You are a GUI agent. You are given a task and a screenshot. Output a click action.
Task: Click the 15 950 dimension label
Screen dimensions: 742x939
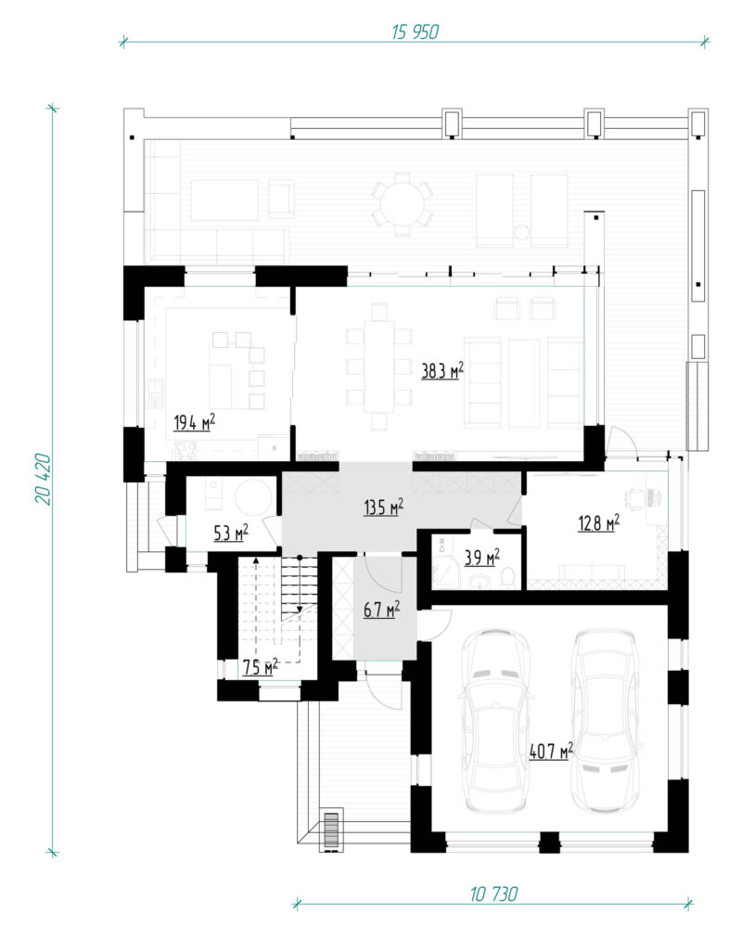coord(415,32)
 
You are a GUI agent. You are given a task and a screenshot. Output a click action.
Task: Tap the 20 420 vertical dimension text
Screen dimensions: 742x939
coord(43,479)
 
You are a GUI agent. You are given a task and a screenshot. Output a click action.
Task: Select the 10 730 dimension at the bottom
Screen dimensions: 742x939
coord(493,894)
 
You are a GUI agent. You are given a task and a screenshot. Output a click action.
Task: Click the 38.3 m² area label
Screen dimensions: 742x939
coord(442,371)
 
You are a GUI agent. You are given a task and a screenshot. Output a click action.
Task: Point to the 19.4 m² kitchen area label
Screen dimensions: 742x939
coord(195,422)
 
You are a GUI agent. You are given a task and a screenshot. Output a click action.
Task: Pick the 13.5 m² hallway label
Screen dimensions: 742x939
coord(384,508)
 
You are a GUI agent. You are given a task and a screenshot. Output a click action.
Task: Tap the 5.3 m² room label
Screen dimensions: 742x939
coord(231,533)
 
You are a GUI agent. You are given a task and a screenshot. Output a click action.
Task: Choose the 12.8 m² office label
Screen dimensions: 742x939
coord(598,523)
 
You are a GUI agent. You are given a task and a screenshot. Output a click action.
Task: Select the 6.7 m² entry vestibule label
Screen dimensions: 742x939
coord(382,611)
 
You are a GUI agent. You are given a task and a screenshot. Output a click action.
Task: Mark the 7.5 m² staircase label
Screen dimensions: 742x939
coord(261,666)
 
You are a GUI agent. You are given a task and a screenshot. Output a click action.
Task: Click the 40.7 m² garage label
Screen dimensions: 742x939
coord(551,751)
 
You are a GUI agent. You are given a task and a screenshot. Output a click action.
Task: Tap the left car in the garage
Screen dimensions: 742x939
coord(496,721)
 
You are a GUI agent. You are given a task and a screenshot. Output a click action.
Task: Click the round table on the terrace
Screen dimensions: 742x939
coord(403,205)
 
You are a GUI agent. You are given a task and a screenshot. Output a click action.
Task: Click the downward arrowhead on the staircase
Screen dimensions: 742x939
coord(300,609)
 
